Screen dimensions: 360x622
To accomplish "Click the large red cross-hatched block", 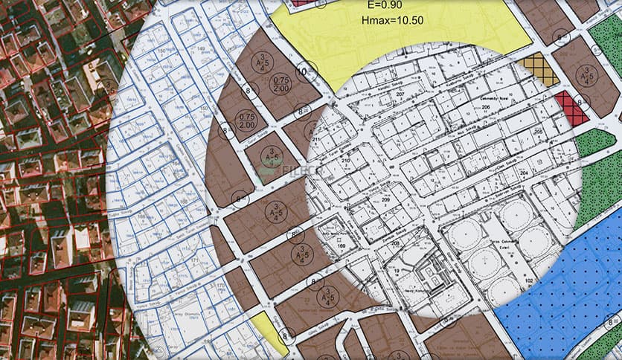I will coord(571,106).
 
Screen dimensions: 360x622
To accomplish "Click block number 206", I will coord(485,109).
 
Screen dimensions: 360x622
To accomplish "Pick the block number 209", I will coord(385,200).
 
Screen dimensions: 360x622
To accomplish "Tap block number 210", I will coord(345,161).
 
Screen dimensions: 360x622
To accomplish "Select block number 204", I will coord(523,173).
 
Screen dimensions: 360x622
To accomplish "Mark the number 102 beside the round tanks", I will coord(528,280).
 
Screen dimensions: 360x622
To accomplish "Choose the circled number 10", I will coord(302,72).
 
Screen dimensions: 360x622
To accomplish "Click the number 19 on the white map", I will coord(398,271).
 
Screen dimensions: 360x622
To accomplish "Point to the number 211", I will coord(315,139).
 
